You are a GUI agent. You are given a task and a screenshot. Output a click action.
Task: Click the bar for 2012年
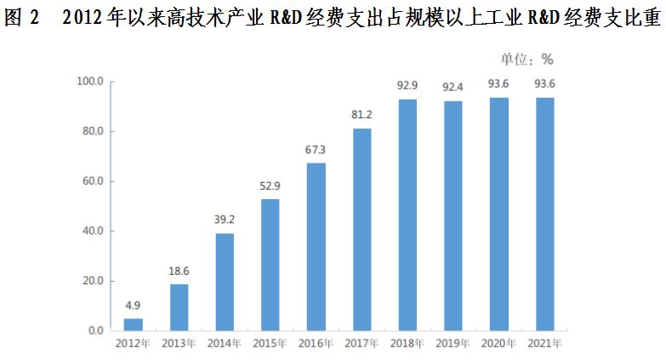(134, 324)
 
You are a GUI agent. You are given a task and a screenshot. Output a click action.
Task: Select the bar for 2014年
(225, 282)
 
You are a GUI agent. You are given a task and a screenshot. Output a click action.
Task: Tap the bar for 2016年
(316, 247)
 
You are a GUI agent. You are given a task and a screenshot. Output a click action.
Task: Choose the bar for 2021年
(545, 214)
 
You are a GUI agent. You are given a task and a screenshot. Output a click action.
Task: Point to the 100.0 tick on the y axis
(90, 82)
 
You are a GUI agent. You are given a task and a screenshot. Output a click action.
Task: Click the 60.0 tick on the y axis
(92, 181)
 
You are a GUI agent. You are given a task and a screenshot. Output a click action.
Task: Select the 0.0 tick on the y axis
(95, 330)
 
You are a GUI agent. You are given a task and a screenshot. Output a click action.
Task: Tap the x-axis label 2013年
(179, 344)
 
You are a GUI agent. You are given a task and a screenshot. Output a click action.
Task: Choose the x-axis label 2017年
(362, 344)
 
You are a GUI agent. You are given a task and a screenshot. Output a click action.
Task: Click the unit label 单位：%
(527, 59)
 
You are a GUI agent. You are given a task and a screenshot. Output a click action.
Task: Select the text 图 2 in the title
(24, 19)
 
